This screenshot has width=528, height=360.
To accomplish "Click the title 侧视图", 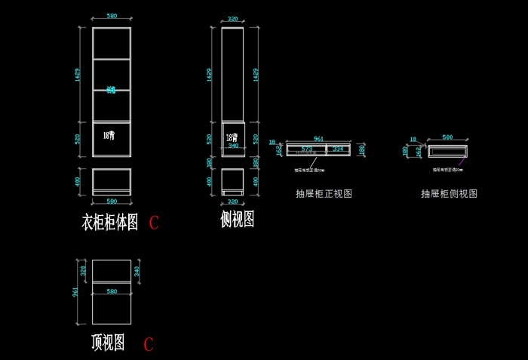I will pyautogui.click(x=237, y=220).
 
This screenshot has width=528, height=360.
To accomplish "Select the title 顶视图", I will pyautogui.click(x=108, y=343).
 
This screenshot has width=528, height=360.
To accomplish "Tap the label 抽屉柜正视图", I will pyautogui.click(x=324, y=194).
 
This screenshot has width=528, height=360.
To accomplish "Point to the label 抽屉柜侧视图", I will pyautogui.click(x=449, y=194).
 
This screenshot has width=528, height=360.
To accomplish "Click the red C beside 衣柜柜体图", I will pyautogui.click(x=154, y=223).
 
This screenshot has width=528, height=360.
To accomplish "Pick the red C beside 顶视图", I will pyautogui.click(x=149, y=345).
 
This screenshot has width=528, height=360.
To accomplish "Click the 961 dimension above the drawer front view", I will pyautogui.click(x=318, y=139).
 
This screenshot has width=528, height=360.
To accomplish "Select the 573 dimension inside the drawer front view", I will pyautogui.click(x=306, y=149).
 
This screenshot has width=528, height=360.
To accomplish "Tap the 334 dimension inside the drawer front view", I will pyautogui.click(x=337, y=149).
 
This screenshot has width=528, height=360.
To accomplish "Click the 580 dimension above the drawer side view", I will pyautogui.click(x=447, y=138).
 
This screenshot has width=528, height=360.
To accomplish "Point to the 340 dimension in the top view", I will pyautogui.click(x=137, y=270).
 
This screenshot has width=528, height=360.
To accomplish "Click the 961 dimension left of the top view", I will pyautogui.click(x=75, y=291).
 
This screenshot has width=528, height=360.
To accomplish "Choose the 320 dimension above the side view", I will pyautogui.click(x=232, y=20).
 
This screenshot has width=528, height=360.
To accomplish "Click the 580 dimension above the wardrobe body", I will pyautogui.click(x=112, y=16).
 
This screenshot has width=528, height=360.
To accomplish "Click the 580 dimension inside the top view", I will pyautogui.click(x=112, y=291).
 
